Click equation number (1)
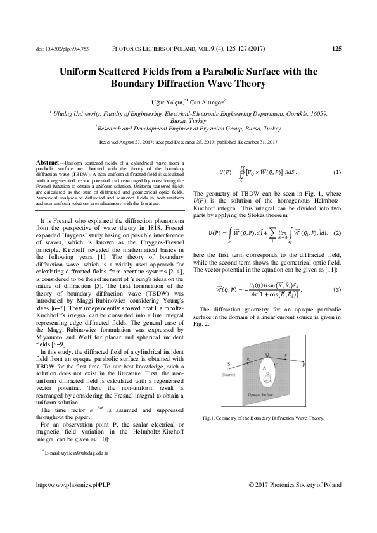(x=337, y=172)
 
